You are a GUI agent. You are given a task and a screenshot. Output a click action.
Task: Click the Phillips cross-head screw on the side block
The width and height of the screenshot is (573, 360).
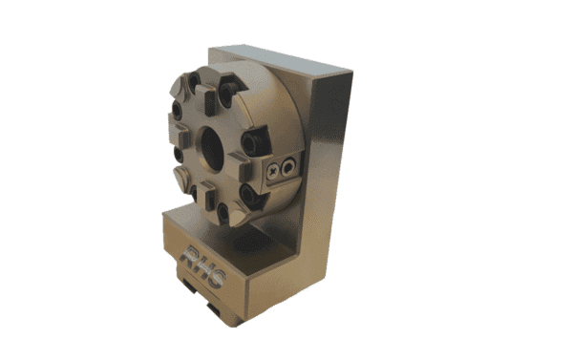[x=275, y=170]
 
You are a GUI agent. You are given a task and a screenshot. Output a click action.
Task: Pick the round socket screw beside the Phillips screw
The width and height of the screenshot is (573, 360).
[x=290, y=164]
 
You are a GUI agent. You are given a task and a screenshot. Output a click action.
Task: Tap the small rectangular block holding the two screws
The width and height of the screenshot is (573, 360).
[x=283, y=167]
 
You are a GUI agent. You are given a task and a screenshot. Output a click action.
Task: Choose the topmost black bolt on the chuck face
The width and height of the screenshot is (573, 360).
[x=227, y=93]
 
